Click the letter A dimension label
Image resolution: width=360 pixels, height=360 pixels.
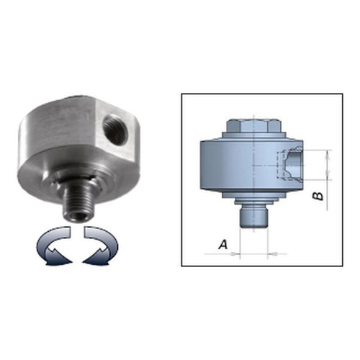223,245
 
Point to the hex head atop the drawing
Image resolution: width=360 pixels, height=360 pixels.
253,125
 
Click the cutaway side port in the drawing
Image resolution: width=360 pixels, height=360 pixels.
290,165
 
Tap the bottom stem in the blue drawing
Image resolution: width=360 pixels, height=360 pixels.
253,217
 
